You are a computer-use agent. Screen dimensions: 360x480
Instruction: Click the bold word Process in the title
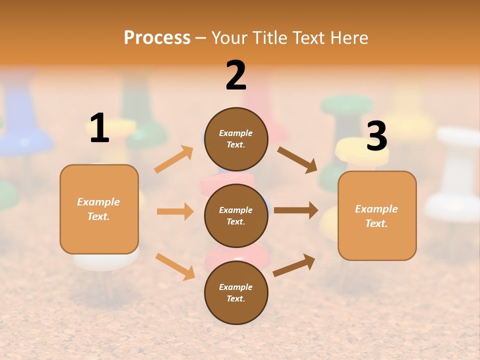coord(157,37)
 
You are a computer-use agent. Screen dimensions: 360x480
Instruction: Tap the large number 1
coord(99,128)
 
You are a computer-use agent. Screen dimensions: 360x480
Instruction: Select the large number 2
coord(236,75)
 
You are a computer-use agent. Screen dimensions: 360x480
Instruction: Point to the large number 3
coord(376,136)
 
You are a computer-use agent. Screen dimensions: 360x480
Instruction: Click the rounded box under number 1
coord(99,209)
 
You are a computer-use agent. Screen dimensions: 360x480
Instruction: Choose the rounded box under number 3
coord(377,215)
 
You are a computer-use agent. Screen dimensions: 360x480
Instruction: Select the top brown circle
coord(236,139)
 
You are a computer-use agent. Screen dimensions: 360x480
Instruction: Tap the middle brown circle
coord(236,215)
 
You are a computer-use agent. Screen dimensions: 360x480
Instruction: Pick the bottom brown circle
coord(236,292)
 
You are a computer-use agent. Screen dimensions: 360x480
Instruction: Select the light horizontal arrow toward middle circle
coord(175,211)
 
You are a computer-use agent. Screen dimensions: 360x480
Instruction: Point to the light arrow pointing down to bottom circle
coord(175,266)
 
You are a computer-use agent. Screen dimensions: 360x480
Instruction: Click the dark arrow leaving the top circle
coord(297,159)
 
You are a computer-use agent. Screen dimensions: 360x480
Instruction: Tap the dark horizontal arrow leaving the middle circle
coord(296,210)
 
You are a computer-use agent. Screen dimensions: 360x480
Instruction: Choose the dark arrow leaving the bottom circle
coord(294,265)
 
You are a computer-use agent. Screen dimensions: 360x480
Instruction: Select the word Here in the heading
coord(349,37)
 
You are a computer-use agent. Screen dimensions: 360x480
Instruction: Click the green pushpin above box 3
coord(346,107)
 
